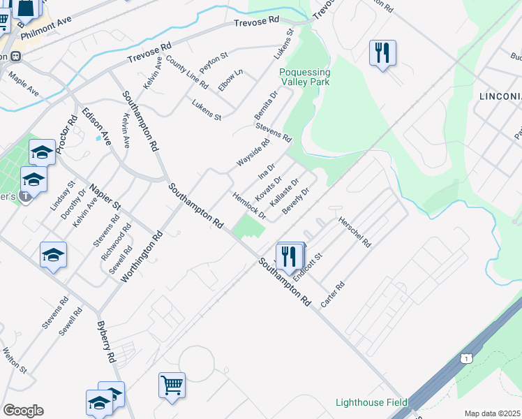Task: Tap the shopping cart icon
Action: (x=172, y=384)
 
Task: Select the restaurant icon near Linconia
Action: (x=382, y=53)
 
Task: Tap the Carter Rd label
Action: (x=333, y=295)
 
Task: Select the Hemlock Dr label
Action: (x=249, y=206)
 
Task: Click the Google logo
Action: (x=23, y=411)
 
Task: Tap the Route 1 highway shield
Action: (x=465, y=358)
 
